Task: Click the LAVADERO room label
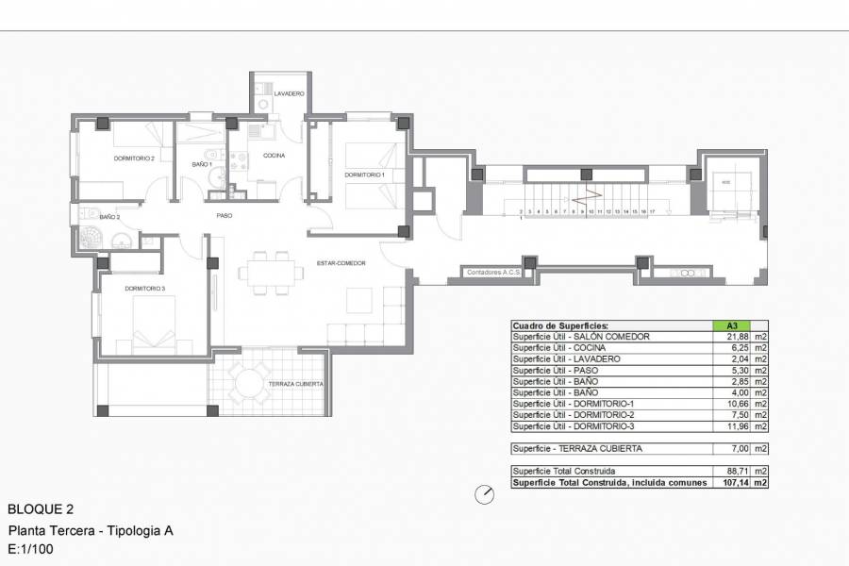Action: (289, 94)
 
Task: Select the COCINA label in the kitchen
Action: (274, 155)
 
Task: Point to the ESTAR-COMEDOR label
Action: (341, 263)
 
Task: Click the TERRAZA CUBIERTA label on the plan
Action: (296, 384)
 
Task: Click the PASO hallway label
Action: (225, 215)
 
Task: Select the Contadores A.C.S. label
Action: (494, 273)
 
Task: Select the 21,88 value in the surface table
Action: (732, 337)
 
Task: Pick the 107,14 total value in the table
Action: (732, 482)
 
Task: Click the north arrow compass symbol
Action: (485, 493)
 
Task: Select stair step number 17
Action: (653, 212)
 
